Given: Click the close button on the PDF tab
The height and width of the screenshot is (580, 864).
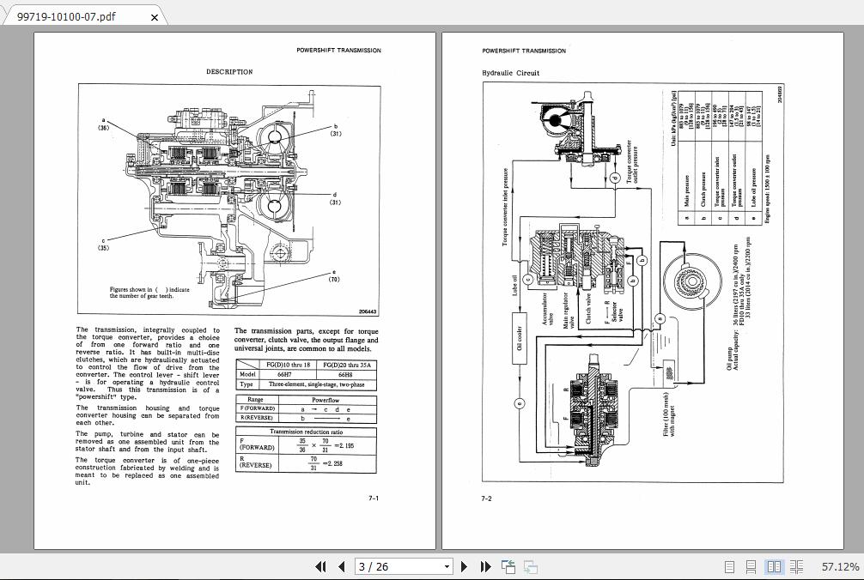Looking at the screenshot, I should [154, 16].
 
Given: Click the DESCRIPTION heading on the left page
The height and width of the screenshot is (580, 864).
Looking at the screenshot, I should [229, 72].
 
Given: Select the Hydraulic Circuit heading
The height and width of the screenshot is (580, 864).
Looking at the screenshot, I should [511, 74].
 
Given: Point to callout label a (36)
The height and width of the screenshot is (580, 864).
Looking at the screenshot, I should [103, 124].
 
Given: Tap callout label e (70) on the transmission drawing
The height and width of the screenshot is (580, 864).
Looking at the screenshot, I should [334, 275].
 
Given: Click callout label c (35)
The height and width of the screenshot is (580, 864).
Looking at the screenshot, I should [103, 245].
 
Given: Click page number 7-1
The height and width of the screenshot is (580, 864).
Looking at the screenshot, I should [374, 498].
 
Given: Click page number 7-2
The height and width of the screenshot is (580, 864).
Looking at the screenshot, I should [486, 498].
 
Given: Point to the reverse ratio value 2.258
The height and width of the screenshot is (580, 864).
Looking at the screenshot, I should [344, 464].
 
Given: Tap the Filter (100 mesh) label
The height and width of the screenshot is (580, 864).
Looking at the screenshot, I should [669, 415].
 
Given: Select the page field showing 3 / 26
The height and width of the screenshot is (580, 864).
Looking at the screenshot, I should [404, 566].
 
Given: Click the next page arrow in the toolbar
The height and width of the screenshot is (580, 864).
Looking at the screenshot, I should [465, 566].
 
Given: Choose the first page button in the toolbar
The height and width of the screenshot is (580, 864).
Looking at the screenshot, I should [321, 566].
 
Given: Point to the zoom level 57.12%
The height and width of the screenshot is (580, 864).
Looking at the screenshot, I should [840, 566].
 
